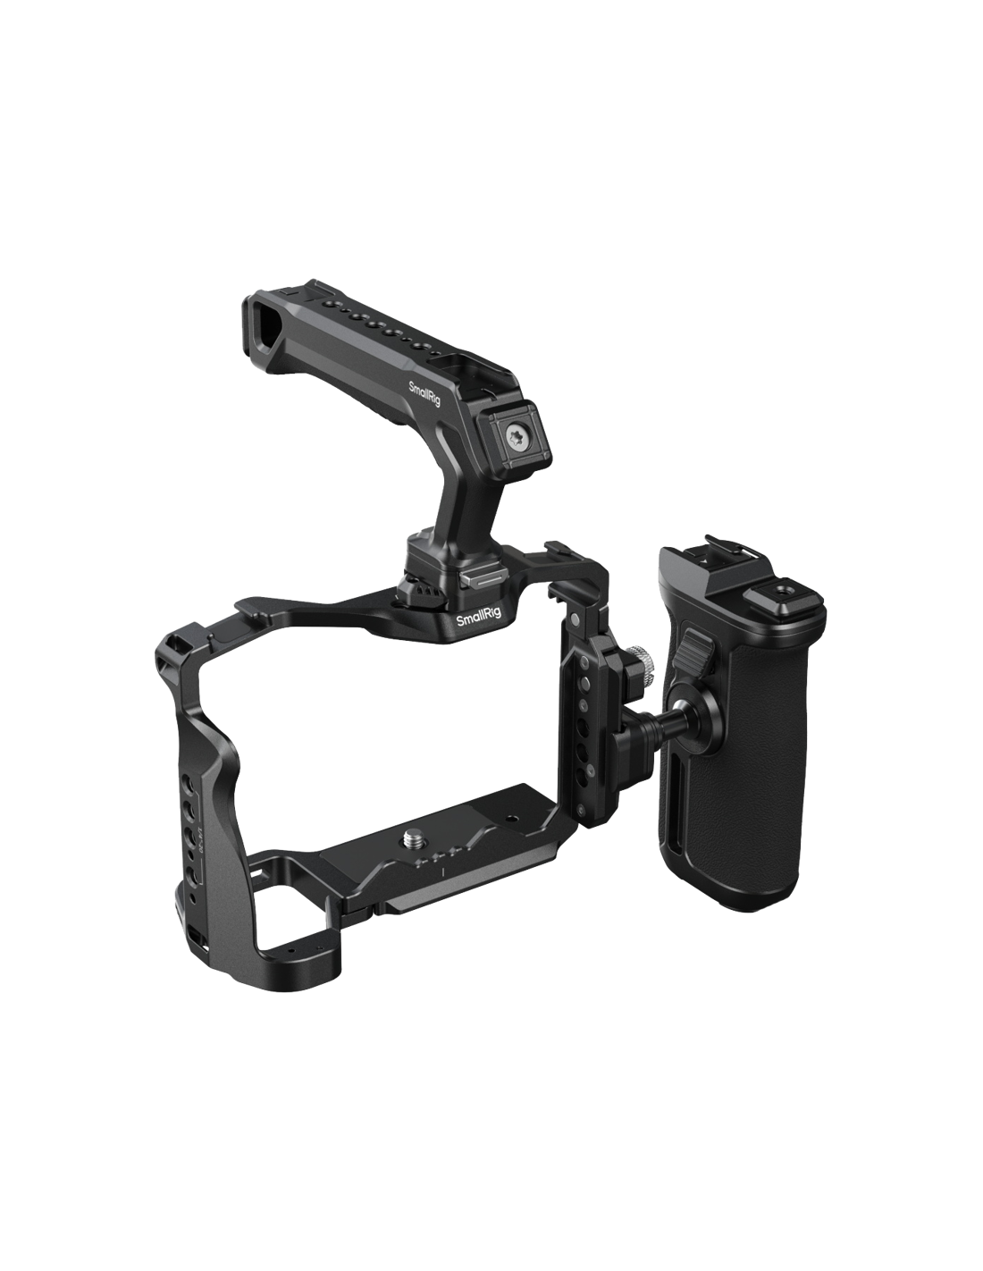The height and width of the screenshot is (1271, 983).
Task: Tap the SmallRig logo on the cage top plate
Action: [x=479, y=618]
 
